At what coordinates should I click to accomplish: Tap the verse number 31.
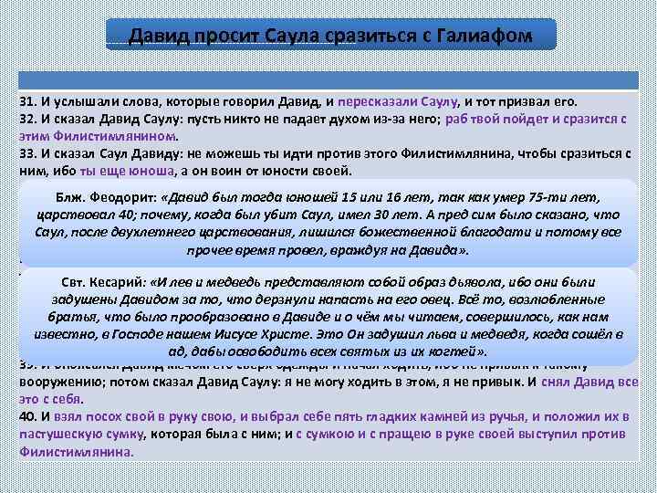[27, 101]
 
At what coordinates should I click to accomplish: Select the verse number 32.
[27, 119]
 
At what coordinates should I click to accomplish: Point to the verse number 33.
[27, 153]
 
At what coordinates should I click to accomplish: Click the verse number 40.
[27, 416]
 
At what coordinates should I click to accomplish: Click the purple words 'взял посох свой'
[94, 416]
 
